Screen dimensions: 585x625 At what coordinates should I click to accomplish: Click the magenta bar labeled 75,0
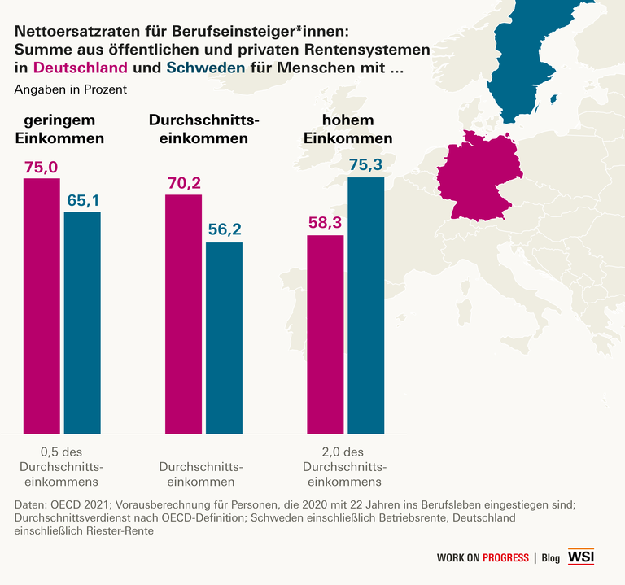tap(42, 305)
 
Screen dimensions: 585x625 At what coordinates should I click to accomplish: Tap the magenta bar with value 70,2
tap(183, 314)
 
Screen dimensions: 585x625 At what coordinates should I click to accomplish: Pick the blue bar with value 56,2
tap(224, 337)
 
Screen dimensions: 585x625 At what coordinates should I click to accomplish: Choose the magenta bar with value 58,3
tap(325, 334)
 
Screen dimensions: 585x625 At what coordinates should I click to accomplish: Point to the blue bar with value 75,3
tap(365, 304)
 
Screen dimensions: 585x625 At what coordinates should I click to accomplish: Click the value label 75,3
tap(365, 165)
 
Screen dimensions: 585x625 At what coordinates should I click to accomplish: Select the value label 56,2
tap(224, 229)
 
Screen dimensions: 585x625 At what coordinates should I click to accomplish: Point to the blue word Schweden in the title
tap(205, 68)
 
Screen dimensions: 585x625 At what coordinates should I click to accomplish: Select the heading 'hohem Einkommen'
tap(347, 129)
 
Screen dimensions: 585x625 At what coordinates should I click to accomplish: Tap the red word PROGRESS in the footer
tap(505, 558)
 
